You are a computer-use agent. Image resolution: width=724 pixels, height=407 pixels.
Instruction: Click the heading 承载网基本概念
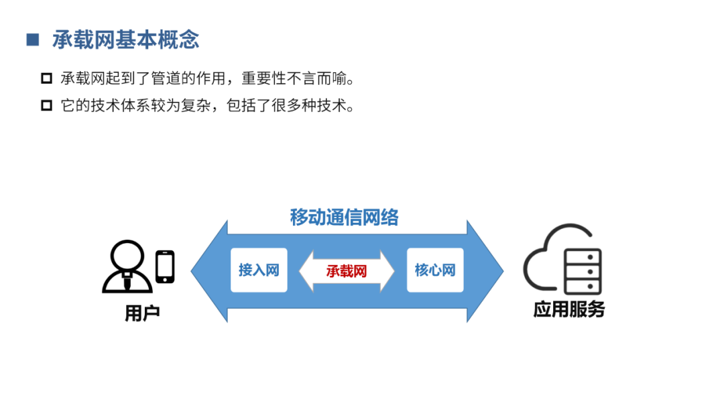(125, 39)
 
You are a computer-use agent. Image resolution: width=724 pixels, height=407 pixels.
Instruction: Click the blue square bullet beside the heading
(32, 39)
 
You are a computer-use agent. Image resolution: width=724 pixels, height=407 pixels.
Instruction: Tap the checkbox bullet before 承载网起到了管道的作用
(46, 78)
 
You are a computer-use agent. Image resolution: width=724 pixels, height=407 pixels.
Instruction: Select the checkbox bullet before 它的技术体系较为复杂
(46, 105)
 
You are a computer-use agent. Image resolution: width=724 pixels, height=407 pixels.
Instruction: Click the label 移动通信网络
(345, 218)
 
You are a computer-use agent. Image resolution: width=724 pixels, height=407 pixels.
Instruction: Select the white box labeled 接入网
(259, 270)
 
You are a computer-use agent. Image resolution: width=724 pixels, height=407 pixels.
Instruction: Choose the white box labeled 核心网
(435, 270)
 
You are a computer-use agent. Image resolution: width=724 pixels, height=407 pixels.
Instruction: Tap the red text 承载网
(347, 271)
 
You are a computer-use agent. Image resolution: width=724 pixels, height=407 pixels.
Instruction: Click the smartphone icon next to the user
(165, 266)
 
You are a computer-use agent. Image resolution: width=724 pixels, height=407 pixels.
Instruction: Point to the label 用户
(142, 313)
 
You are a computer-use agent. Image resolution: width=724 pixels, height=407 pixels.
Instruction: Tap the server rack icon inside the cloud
(583, 271)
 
